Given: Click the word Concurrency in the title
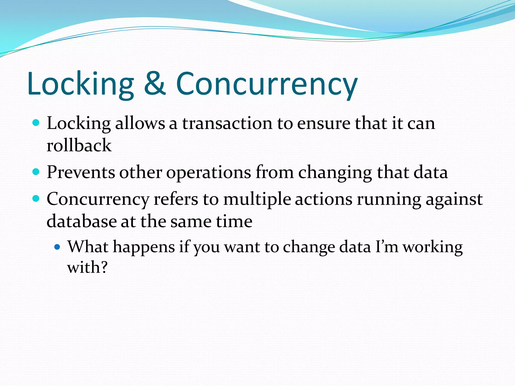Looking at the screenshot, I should click(267, 84).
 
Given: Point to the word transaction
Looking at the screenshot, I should click(227, 124).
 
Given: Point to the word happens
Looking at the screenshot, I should click(144, 247).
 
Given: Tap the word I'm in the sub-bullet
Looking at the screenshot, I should click(387, 247).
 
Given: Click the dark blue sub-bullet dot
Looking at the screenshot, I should click(58, 247).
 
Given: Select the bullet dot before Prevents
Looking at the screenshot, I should click(36, 172).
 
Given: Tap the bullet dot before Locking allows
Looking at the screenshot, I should click(36, 123).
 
